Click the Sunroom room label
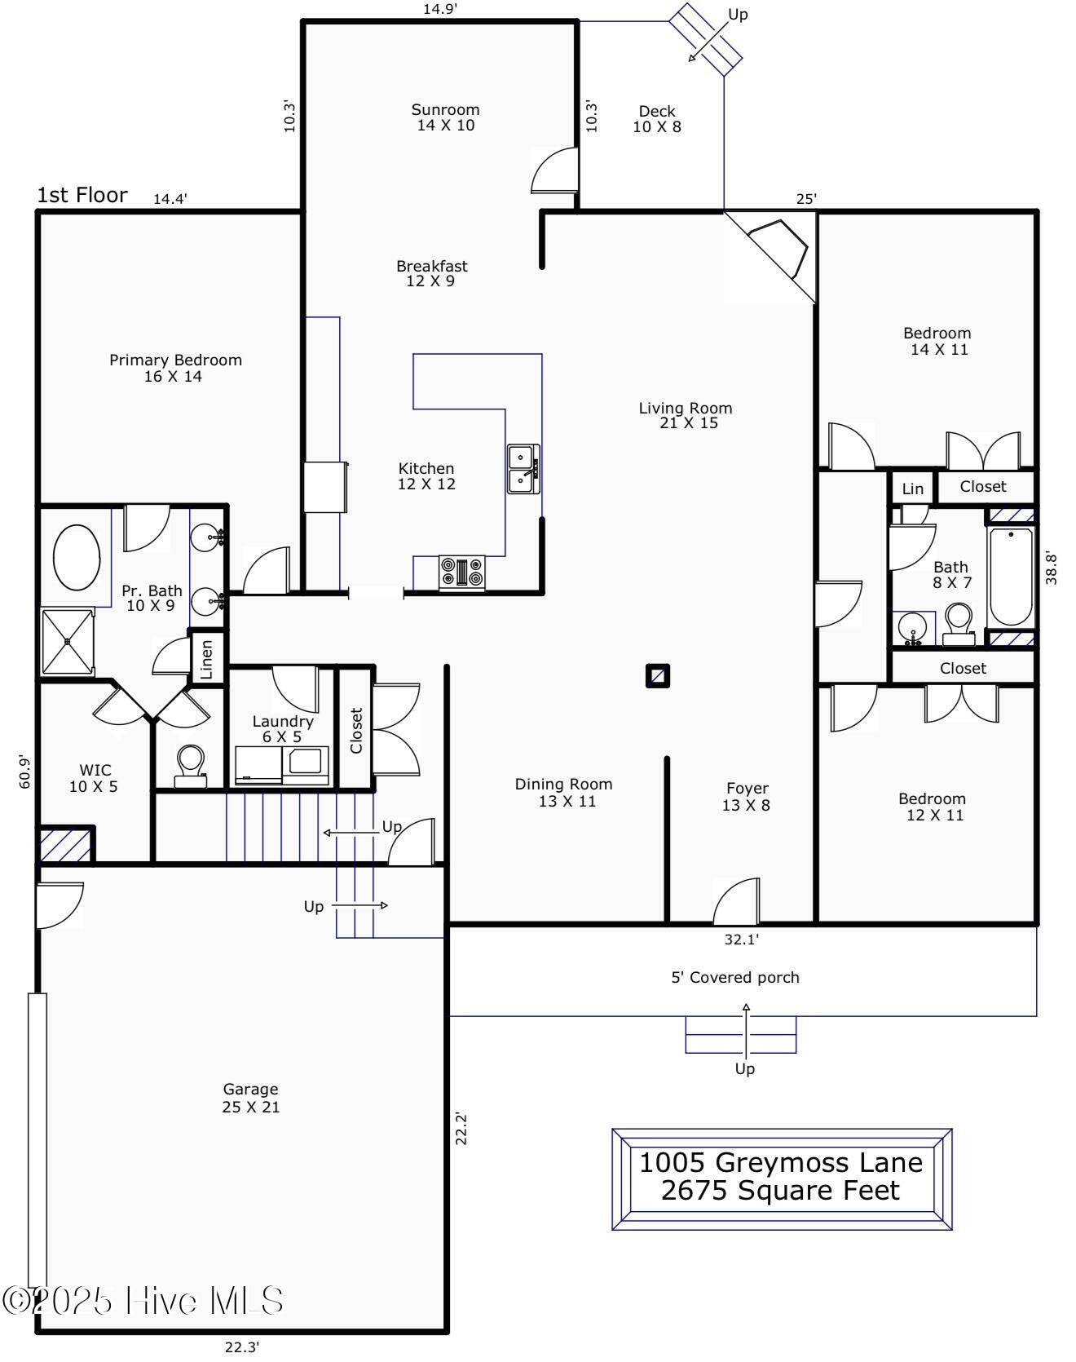click(x=445, y=109)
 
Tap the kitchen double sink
click(x=523, y=469)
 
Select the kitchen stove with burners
click(x=462, y=573)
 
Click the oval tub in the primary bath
click(x=77, y=559)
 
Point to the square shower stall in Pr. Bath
click(x=68, y=641)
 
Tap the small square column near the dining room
click(x=658, y=675)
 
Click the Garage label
click(x=250, y=1089)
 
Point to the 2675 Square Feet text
click(x=780, y=1191)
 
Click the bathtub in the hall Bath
click(x=1011, y=577)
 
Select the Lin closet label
click(x=913, y=489)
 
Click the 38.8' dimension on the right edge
click(x=1052, y=568)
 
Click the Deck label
click(x=657, y=111)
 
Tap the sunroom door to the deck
click(x=554, y=170)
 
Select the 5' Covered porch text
click(x=735, y=977)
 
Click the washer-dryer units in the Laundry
click(x=282, y=765)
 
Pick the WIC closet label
click(x=95, y=769)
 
